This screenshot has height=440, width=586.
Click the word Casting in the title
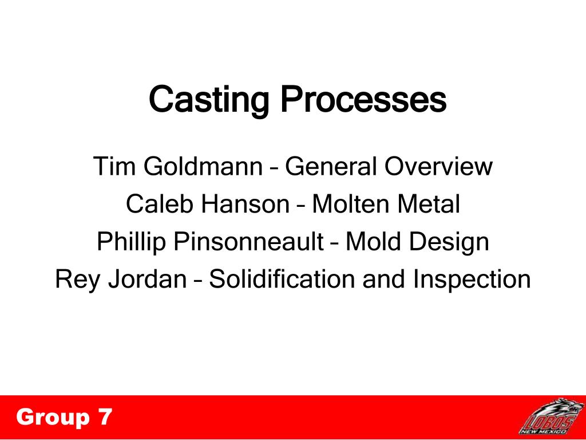pyautogui.click(x=209, y=100)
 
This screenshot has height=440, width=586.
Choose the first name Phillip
pyautogui.click(x=131, y=241)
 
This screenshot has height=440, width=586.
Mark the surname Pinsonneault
pyautogui.click(x=248, y=241)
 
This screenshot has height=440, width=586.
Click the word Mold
pyautogui.click(x=374, y=241)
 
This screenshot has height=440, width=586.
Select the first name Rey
pyautogui.click(x=77, y=280)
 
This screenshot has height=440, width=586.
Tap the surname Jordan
pyautogui.click(x=148, y=279)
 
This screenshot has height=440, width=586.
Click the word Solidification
pyautogui.click(x=282, y=279)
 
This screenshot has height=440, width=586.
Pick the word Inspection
pyautogui.click(x=472, y=280)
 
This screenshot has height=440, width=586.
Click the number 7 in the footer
pyautogui.click(x=105, y=417)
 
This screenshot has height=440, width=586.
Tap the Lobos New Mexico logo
pyautogui.click(x=551, y=417)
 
